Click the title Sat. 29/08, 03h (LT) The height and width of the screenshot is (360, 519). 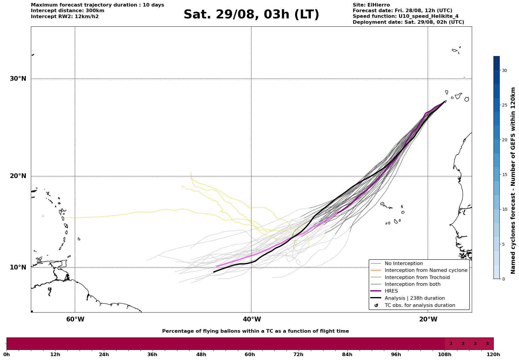tap(251, 15)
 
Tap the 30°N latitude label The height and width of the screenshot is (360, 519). tap(18, 79)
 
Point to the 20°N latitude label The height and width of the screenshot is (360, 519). tap(18, 176)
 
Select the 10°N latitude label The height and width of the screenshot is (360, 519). tap(18, 267)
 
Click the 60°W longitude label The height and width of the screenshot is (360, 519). tap(75, 319)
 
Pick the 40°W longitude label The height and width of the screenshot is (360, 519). tap(252, 319)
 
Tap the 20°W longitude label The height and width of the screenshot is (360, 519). tap(428, 319)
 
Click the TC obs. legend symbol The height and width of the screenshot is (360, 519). tap(376, 305)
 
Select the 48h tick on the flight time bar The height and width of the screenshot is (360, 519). tap(201, 354)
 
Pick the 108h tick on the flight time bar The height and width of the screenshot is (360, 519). tap(445, 354)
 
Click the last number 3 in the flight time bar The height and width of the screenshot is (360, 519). tap(487, 344)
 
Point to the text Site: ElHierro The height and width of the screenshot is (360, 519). tap(371, 5)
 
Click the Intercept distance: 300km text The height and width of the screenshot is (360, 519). tap(68, 11)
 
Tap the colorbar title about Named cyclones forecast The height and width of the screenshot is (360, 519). tap(513, 180)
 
